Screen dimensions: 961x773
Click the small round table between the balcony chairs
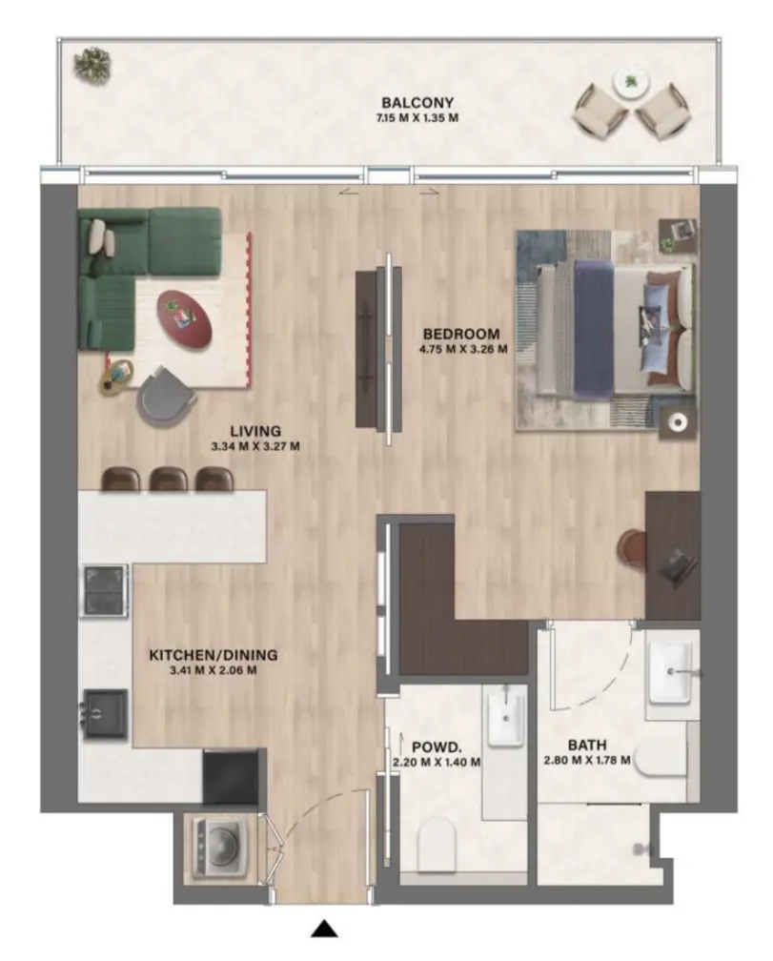tap(630, 82)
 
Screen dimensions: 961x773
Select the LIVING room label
tap(255, 430)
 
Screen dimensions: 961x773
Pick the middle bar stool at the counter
tap(169, 479)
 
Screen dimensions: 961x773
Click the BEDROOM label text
tap(461, 334)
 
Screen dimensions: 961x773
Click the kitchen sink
tap(105, 713)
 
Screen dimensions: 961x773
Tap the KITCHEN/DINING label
tap(213, 655)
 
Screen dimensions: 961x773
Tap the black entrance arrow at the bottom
tap(326, 928)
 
